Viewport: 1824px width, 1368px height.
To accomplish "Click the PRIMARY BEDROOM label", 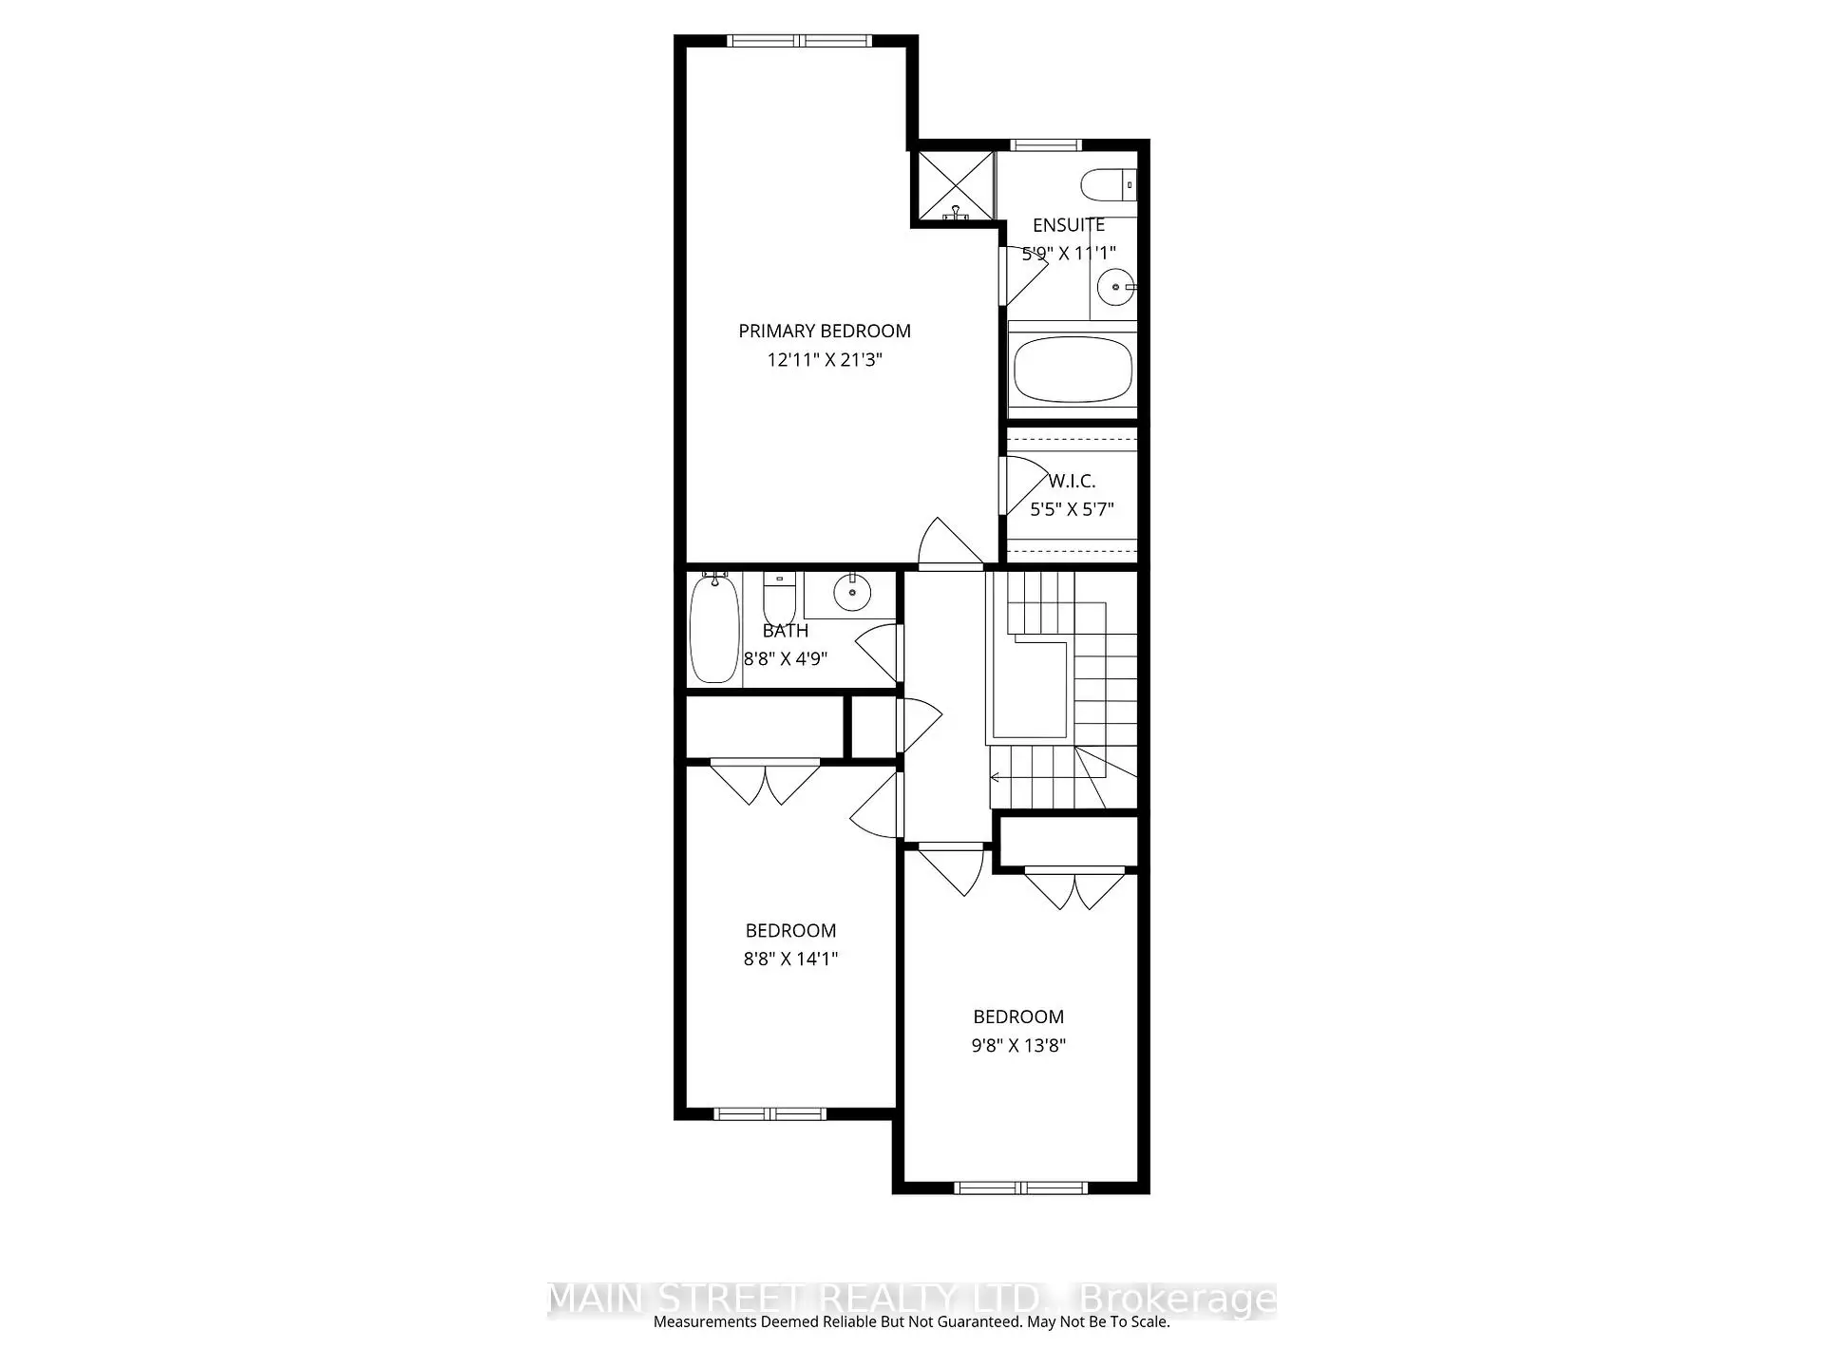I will pyautogui.click(x=824, y=331).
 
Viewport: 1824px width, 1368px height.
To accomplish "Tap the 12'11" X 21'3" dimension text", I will pyautogui.click(x=824, y=360).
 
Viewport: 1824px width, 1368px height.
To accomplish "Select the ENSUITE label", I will pyautogui.click(x=1068, y=225).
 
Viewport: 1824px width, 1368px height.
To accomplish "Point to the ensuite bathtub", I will pyautogui.click(x=1073, y=370).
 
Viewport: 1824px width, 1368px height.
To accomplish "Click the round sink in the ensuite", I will pyautogui.click(x=1115, y=286).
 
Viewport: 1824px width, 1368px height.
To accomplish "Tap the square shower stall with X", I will pyautogui.click(x=953, y=186).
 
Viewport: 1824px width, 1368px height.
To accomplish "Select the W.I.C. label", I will pyautogui.click(x=1072, y=481).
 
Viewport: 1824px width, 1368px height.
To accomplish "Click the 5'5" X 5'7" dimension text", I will pyautogui.click(x=1072, y=509).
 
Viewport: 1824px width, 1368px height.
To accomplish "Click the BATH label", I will pyautogui.click(x=785, y=630).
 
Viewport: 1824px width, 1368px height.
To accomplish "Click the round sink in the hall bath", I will pyautogui.click(x=851, y=595).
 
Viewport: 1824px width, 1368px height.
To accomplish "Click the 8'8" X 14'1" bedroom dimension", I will pyautogui.click(x=790, y=959).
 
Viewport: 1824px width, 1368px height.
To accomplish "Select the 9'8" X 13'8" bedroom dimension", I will pyautogui.click(x=1017, y=1045).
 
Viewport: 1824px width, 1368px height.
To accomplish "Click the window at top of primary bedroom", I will pyautogui.click(x=799, y=41).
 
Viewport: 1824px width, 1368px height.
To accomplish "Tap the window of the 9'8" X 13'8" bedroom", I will pyautogui.click(x=1019, y=1187).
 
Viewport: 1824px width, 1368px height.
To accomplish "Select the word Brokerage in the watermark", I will pyautogui.click(x=1178, y=1299).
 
